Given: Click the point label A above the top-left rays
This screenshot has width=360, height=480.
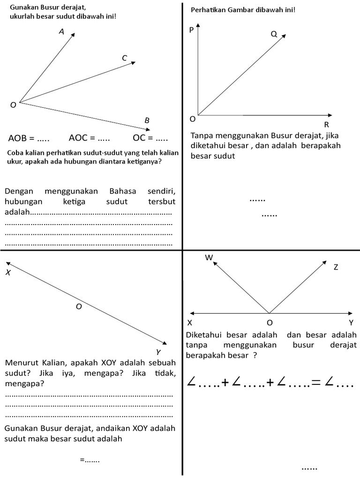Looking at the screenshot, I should tap(61, 32).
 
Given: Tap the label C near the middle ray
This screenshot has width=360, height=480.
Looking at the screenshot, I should tap(124, 58).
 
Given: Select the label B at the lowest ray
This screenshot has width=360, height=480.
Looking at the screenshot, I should tap(147, 120).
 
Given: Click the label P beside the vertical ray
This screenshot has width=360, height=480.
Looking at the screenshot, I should tap(191, 30).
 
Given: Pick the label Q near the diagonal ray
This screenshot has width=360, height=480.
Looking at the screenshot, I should tap(274, 34).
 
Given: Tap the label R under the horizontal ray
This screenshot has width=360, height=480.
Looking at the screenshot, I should tap(327, 124).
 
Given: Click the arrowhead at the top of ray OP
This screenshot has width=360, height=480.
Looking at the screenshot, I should tap(198, 26).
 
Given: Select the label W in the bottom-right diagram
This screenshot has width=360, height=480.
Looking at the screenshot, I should tap(209, 257).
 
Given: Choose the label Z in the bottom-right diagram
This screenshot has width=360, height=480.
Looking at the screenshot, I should tap(336, 267).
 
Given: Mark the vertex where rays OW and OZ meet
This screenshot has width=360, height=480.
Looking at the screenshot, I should tap(269, 314).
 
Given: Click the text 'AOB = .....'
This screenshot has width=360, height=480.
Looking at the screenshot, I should tap(29, 138).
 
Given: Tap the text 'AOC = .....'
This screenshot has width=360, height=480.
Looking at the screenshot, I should tap(89, 138).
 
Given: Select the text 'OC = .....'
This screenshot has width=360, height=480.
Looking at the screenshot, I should tap(150, 138).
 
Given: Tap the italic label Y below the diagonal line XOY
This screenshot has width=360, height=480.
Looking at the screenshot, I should tap(158, 352).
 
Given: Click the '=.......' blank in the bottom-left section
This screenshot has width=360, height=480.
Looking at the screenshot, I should tap(90, 460).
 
